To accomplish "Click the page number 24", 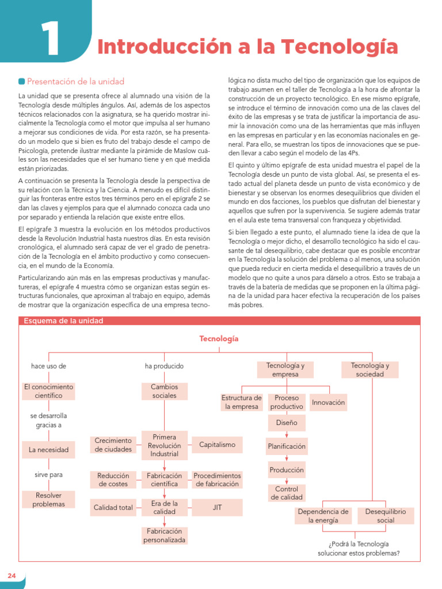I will pos(12,576).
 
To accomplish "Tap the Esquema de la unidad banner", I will pos(63,321).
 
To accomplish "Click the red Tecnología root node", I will pos(219,339).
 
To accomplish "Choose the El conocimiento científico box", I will pos(48,391).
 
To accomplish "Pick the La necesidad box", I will pos(48,450).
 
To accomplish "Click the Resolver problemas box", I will pos(48,499).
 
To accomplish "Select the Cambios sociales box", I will pos(165,391).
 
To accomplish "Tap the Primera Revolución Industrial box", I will pos(165,445).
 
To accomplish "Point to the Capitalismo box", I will pos(217,445).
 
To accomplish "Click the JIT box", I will pos(217,507).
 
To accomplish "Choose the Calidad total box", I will pos(113,507).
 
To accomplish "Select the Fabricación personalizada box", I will pos(165,536).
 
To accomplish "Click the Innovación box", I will pos(329,403).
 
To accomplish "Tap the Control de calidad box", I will pos(287,493).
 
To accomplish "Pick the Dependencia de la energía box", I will pos(323,515).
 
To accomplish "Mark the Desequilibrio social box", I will pos(386,515).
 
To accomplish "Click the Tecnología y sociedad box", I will pos(370,370).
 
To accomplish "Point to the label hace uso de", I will pos(48,366).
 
